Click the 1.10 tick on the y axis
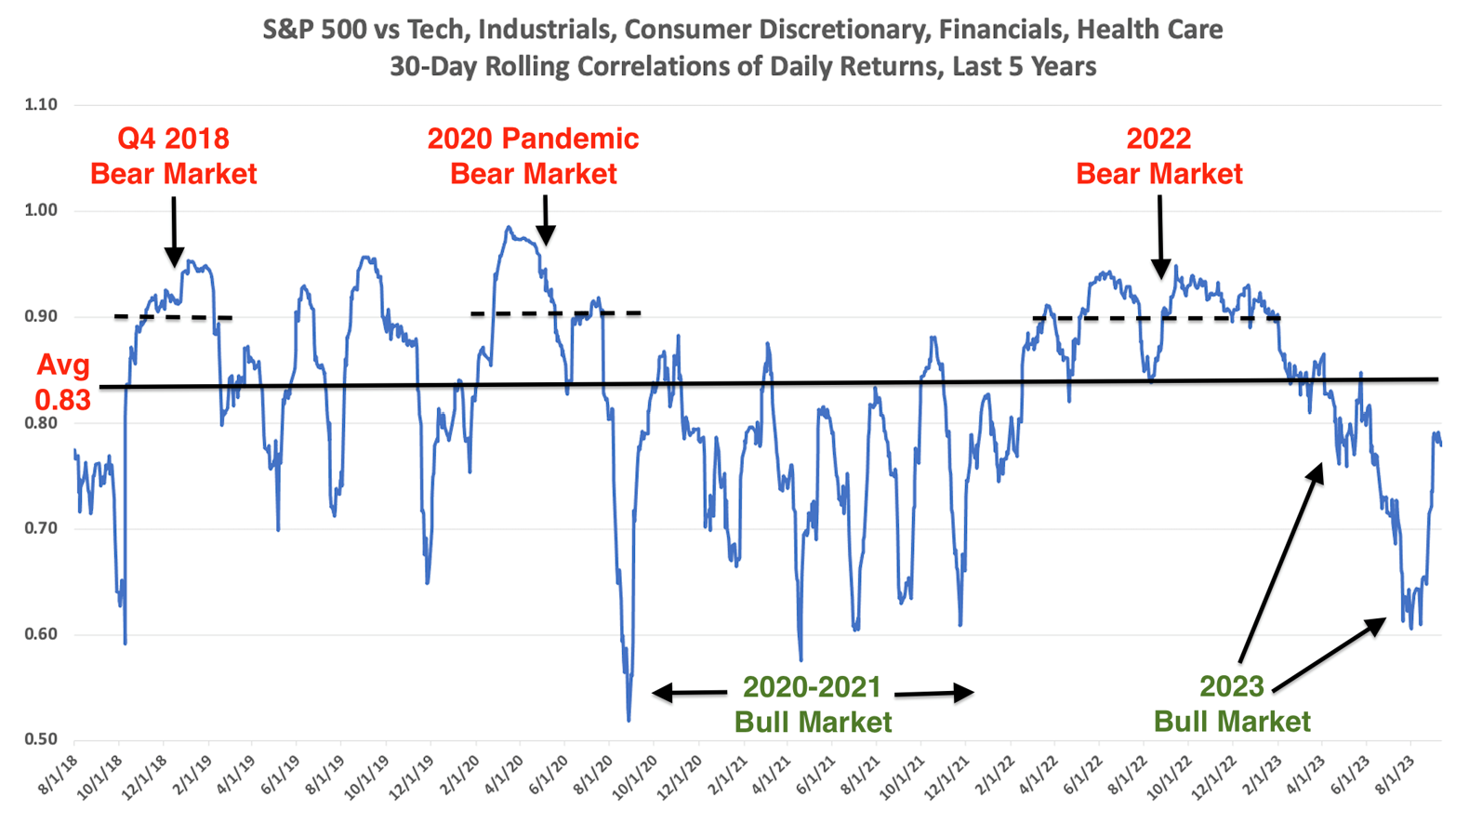point(40,105)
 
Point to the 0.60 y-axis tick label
point(40,635)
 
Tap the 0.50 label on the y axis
point(40,740)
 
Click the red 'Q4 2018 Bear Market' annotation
point(173,156)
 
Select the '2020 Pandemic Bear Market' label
point(533,156)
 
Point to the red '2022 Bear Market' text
point(1158,156)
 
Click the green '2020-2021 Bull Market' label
point(813,704)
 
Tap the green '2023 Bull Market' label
point(1232,704)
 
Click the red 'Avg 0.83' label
point(63,382)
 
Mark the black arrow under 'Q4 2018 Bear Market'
point(174,232)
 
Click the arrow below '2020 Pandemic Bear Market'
point(546,220)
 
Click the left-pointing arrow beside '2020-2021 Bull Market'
point(689,692)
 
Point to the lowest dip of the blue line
point(629,719)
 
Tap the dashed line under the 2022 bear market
point(1157,319)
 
